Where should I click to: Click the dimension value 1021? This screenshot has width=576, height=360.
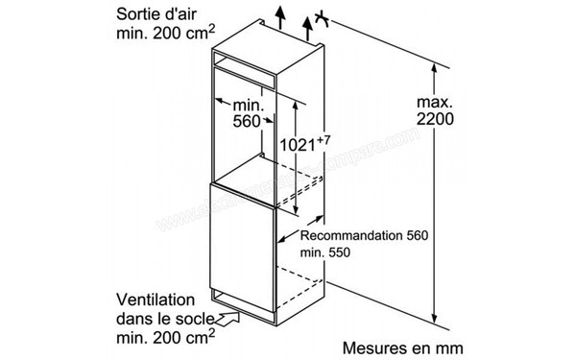pos(295,145)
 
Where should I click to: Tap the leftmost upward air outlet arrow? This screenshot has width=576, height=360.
pos(279,18)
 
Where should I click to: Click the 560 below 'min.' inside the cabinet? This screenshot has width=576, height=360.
pos(247,122)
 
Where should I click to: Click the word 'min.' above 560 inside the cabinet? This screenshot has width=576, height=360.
pos(247,103)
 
